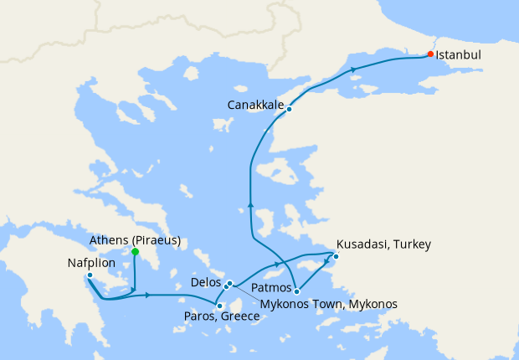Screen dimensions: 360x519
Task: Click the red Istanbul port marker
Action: point(430,54)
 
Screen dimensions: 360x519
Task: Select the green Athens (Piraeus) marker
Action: point(135,251)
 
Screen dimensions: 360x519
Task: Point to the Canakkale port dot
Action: point(289,109)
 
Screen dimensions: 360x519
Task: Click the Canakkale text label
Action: point(255,105)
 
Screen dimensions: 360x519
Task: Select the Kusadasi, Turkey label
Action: point(383,244)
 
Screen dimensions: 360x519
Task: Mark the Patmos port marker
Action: point(296,291)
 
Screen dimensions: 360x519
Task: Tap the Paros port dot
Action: point(219,306)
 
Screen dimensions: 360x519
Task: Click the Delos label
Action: point(206,283)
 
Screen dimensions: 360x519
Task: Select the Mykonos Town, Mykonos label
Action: point(328,303)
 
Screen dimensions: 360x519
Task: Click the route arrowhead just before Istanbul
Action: point(355,69)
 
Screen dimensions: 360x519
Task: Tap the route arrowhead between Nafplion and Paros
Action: point(147,295)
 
